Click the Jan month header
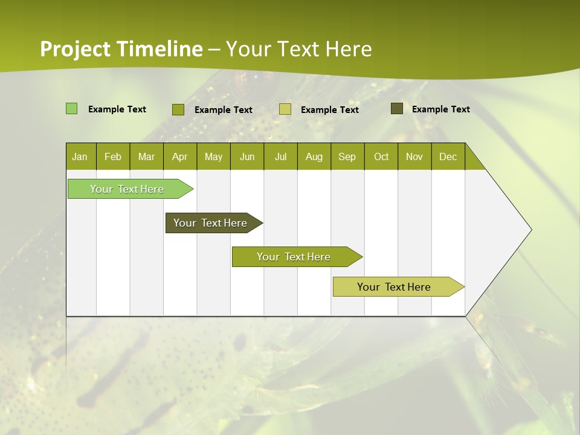tap(80, 156)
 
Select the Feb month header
tap(113, 156)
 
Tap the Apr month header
tap(179, 156)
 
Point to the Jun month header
tap(247, 156)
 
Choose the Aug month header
tap(314, 156)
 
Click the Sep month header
tap(347, 156)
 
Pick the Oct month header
tap(381, 156)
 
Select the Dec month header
tap(448, 156)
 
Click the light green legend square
tap(71, 109)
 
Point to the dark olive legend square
tap(396, 109)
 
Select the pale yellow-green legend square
tap(285, 109)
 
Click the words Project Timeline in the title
tap(121, 49)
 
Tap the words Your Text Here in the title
tap(299, 49)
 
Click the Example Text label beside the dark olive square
tap(440, 109)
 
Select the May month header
tap(213, 156)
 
